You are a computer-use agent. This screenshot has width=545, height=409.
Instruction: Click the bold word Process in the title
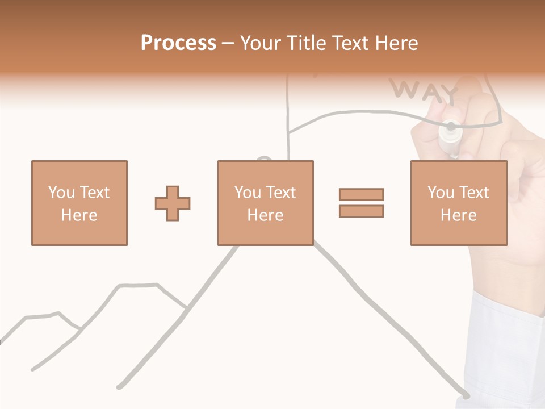[178, 43]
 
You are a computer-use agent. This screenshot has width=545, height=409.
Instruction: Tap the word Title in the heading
[307, 43]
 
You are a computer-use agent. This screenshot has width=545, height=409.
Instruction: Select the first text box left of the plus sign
[79, 203]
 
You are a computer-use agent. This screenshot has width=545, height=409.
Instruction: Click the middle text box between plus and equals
[265, 203]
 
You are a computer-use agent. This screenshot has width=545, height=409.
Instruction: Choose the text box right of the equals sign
[458, 203]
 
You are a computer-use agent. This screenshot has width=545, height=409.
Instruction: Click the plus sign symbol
[173, 203]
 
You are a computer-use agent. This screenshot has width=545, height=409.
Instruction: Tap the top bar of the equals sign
[361, 194]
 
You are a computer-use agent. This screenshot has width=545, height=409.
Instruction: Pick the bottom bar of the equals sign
[361, 211]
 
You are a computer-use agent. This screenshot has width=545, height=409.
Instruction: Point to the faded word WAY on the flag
[425, 91]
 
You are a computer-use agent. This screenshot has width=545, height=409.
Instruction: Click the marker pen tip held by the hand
[451, 126]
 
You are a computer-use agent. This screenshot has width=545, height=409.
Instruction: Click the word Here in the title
[396, 43]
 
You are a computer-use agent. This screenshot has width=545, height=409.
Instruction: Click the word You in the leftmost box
[61, 193]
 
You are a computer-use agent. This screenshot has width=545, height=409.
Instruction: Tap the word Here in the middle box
[265, 215]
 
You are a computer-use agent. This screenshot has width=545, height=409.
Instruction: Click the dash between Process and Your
[228, 43]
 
